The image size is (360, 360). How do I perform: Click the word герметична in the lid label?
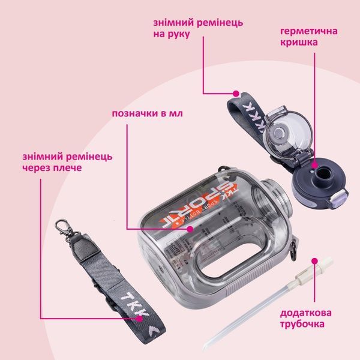pyautogui.click(x=309, y=31)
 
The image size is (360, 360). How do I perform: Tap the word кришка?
pyautogui.click(x=299, y=43)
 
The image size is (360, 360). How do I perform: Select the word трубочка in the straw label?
pyautogui.click(x=302, y=324)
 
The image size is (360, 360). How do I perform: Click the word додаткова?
pyautogui.click(x=305, y=313)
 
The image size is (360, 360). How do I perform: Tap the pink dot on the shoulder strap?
pyautogui.click(x=139, y=319)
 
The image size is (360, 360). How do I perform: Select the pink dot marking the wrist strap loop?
pyautogui.click(x=236, y=94)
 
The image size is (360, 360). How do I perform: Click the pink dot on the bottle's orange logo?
pyautogui.click(x=190, y=229)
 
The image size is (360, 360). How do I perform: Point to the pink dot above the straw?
pyautogui.click(x=314, y=261)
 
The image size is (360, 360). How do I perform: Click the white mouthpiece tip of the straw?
pyautogui.click(x=327, y=262)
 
